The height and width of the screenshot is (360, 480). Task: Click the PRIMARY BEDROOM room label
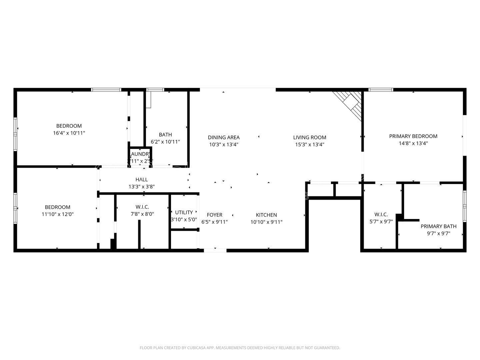[x=413, y=136]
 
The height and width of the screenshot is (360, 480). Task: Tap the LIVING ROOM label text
[x=309, y=137]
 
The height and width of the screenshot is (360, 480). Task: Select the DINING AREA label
[x=224, y=137]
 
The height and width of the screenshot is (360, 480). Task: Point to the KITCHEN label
[x=266, y=215]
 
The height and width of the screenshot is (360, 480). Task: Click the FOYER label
[x=214, y=215]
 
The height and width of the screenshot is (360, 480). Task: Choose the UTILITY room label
[x=184, y=212]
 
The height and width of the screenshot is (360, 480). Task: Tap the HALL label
[x=142, y=180]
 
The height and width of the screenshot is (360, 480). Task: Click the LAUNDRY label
[x=140, y=154]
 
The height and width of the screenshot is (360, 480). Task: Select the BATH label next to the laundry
[x=165, y=135]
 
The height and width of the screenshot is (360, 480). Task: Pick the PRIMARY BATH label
[x=438, y=226]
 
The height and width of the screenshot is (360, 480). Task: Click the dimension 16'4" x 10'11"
[x=69, y=133]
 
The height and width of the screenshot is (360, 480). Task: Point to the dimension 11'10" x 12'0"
[x=58, y=214]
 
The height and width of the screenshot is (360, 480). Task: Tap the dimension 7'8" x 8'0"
[x=142, y=214]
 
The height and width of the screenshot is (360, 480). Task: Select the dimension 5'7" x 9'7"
[x=381, y=221]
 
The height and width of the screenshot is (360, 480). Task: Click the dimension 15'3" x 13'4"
[x=309, y=145]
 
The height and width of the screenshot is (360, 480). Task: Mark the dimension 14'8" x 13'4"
[x=413, y=143]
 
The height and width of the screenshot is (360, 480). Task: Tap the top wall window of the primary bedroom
[x=381, y=90]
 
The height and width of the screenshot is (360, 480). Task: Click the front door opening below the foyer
[x=215, y=250]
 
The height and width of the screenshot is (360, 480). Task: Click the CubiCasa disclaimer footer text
[x=240, y=348]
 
